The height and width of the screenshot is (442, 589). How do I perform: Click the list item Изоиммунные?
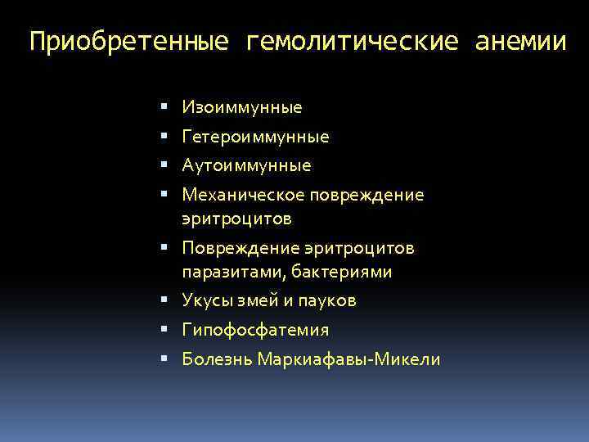click(242, 107)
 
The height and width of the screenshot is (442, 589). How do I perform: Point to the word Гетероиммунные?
click(255, 137)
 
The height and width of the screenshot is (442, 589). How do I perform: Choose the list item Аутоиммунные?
click(246, 166)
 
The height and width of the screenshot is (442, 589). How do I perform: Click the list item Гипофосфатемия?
click(255, 331)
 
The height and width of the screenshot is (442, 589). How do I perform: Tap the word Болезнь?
click(217, 360)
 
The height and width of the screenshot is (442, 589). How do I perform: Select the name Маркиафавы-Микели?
click(348, 360)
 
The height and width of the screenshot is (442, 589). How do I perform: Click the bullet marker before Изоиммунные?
click(164, 107)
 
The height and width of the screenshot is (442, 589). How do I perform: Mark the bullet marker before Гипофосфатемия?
click(164, 331)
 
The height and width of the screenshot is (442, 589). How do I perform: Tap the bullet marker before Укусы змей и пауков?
click(164, 301)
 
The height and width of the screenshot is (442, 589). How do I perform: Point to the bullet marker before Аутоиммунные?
click(164, 166)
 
